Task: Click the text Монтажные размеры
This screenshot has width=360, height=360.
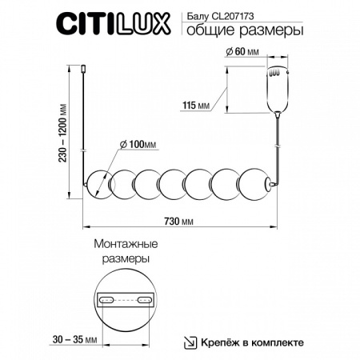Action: point(125,251)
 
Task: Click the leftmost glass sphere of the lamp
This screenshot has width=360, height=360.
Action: point(101,186)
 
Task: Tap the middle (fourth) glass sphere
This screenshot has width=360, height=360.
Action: point(175,186)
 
